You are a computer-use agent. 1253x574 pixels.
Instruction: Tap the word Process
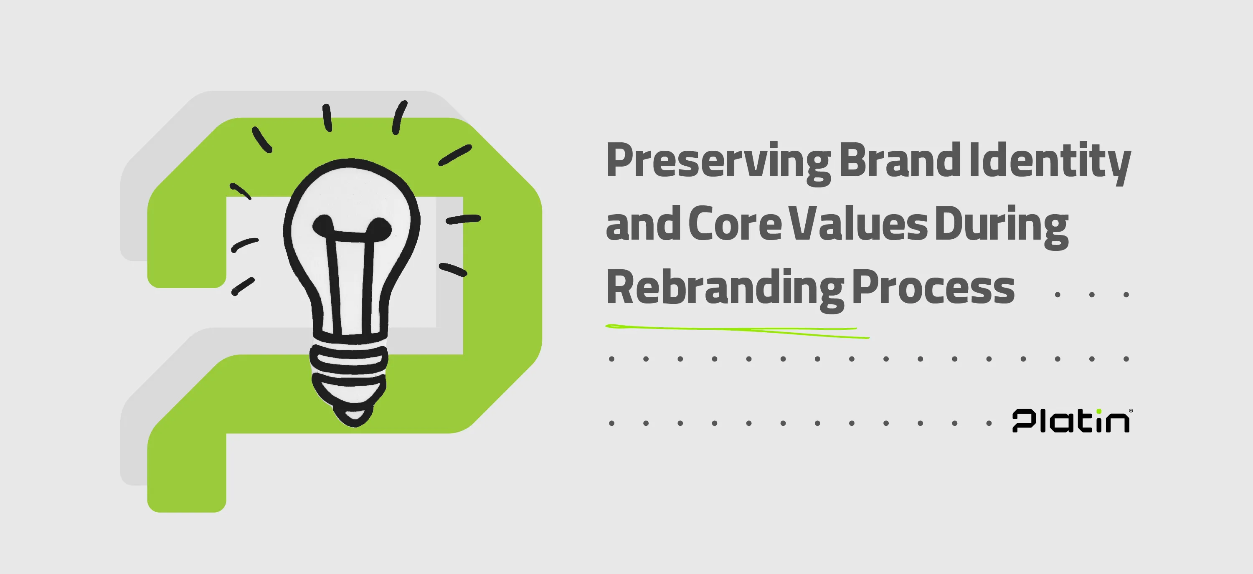[x=933, y=288]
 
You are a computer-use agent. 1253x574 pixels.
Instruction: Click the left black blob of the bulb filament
[x=323, y=225]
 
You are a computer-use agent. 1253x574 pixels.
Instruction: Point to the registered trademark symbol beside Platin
[x=1131, y=411]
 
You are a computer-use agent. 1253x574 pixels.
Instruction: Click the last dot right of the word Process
[x=1126, y=295]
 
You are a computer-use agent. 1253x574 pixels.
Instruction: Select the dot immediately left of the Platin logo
[x=989, y=423]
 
